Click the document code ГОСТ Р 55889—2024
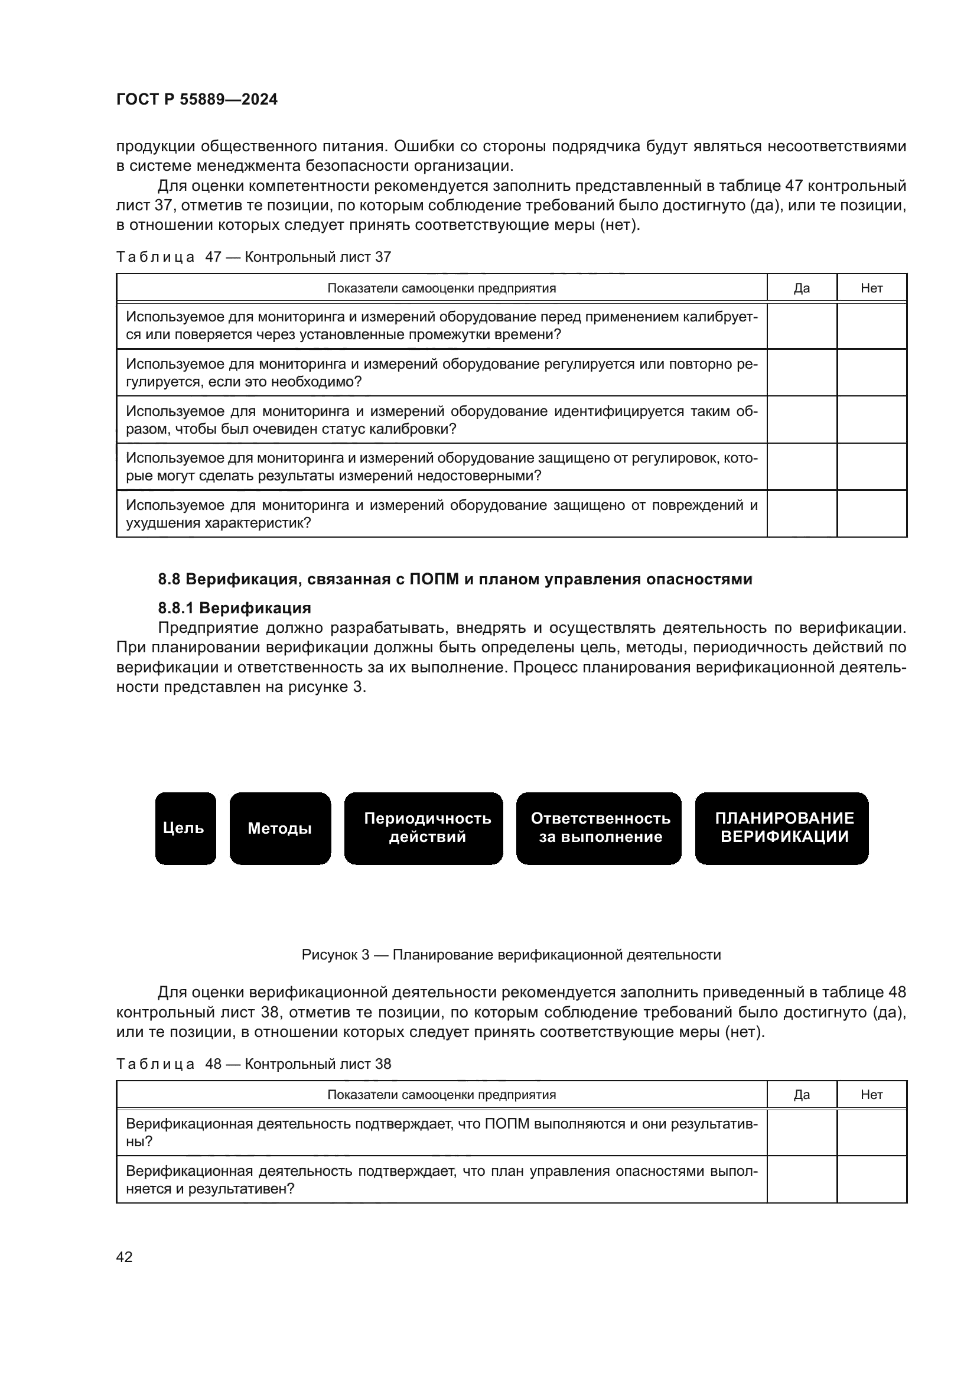click(197, 99)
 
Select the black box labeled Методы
click(280, 828)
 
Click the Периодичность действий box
click(424, 828)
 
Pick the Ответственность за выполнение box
click(598, 828)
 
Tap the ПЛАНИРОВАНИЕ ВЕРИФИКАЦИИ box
click(781, 828)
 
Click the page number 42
click(124, 1257)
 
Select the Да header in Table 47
click(802, 288)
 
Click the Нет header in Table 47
click(871, 288)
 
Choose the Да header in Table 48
click(802, 1094)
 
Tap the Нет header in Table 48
click(871, 1094)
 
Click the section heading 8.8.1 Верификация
click(234, 607)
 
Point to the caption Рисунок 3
click(511, 955)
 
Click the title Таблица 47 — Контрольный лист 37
click(253, 257)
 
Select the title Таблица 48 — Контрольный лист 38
click(253, 1064)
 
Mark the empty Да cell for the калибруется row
click(802, 326)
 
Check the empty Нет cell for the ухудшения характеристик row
click(871, 513)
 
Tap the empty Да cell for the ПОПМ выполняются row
click(802, 1132)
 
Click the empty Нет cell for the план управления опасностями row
click(871, 1179)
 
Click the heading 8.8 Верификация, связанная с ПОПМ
click(455, 579)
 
